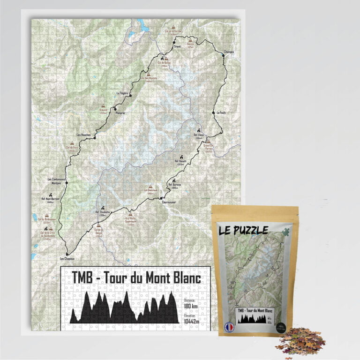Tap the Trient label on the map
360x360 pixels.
point(177,47)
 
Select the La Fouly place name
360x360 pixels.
point(221,112)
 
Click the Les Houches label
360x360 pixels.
point(83,135)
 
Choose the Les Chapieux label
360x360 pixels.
point(67,259)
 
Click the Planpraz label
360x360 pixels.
point(118,113)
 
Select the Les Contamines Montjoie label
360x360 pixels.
point(56,181)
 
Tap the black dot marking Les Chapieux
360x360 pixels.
point(67,254)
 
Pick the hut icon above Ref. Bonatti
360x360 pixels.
point(174,180)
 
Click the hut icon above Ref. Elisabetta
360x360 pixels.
point(102,207)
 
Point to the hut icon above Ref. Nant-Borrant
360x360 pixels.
point(50,194)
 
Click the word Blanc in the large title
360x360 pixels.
point(184,278)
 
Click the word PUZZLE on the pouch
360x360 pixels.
point(251,230)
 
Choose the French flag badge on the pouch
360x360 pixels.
point(229,327)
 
